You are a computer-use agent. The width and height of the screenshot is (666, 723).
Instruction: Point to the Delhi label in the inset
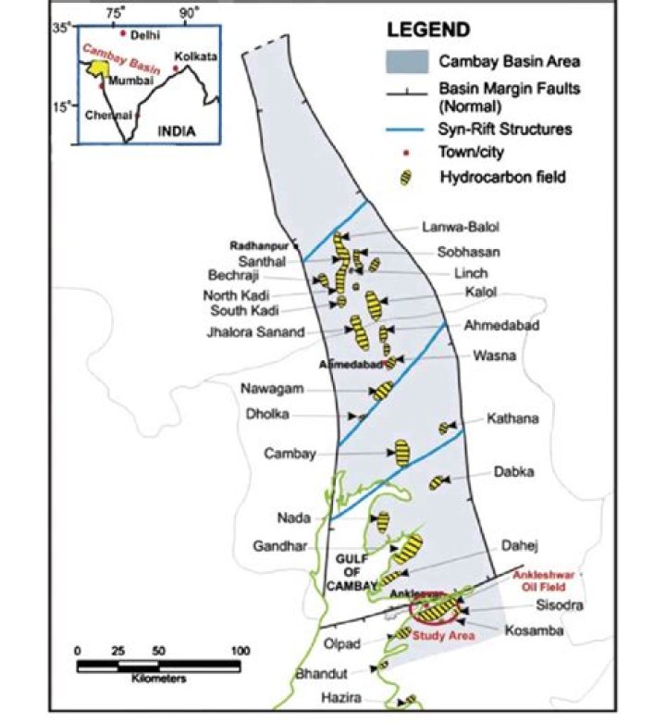pyautogui.click(x=146, y=35)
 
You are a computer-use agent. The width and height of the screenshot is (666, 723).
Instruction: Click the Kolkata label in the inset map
pyautogui.click(x=198, y=56)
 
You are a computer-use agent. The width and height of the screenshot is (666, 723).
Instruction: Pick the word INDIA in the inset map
pyautogui.click(x=177, y=131)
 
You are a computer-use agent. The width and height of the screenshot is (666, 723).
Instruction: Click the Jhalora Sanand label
pyautogui.click(x=255, y=332)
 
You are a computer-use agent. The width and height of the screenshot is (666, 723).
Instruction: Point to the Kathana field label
pyautogui.click(x=512, y=418)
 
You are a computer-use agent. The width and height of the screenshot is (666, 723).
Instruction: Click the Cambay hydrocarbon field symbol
pyautogui.click(x=402, y=453)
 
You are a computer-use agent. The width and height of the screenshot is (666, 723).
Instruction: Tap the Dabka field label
pyautogui.click(x=513, y=471)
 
